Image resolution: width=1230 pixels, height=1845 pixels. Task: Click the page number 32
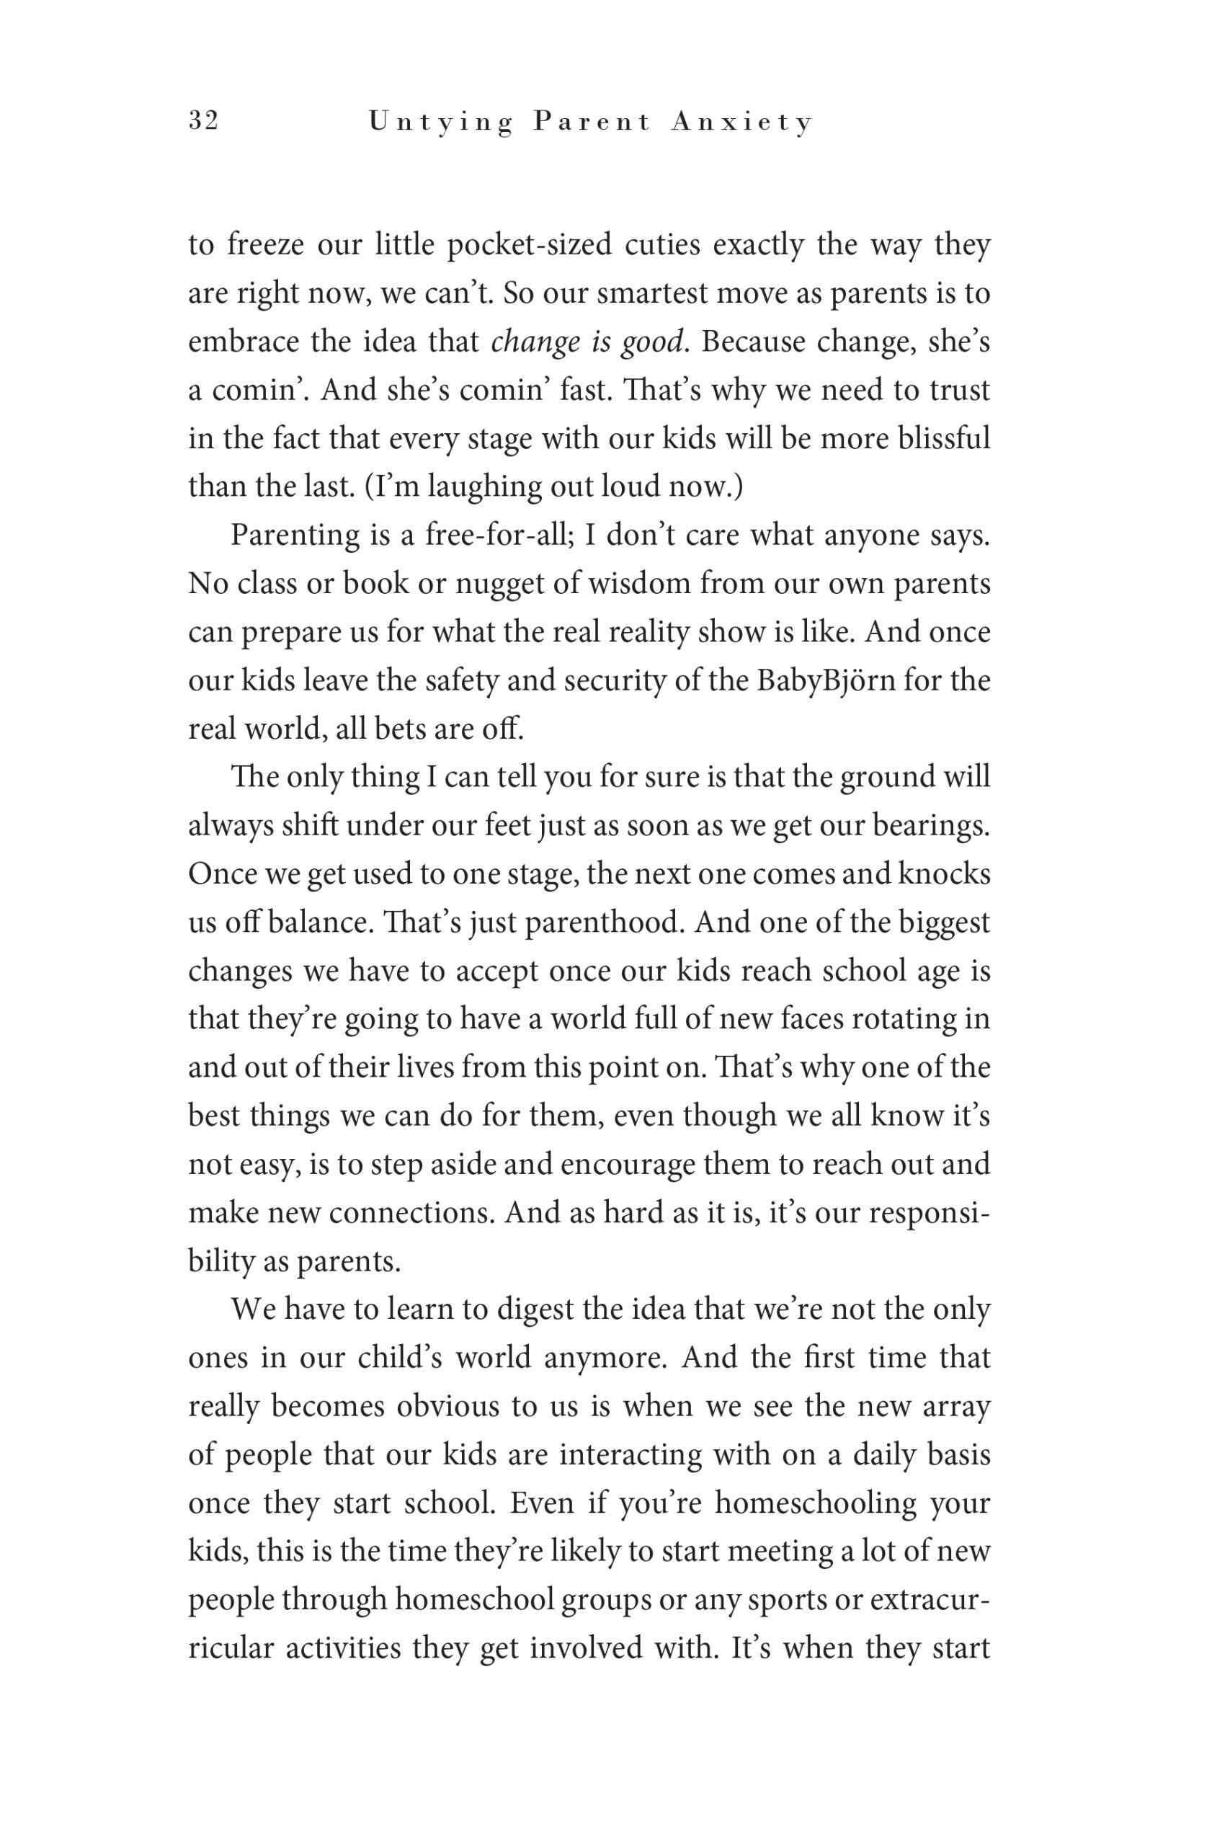point(203,121)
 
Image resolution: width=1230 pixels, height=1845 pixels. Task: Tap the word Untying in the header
point(440,123)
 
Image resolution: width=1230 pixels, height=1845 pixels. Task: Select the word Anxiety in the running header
point(741,123)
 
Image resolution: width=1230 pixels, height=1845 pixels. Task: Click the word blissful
point(944,438)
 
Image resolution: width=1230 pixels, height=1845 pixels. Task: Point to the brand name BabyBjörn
point(826,680)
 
